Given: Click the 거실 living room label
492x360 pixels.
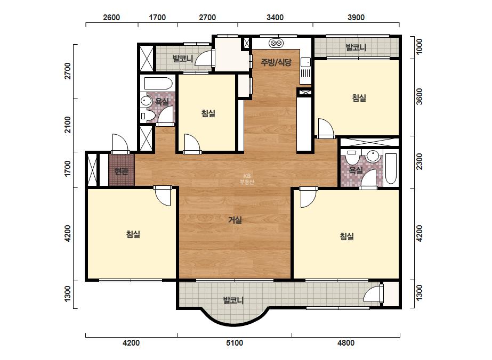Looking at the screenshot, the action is coord(235,220).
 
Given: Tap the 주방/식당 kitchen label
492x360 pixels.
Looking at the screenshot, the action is coord(276,62).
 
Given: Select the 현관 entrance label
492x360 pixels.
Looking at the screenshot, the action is coord(121,171).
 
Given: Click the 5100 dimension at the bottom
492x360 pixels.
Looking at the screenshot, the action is coord(235,343).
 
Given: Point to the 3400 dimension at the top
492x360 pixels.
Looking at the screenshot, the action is coord(275,17).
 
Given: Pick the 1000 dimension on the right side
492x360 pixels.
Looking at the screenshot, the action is coord(419,46).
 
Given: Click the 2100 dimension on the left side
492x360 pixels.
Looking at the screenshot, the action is coord(68,125).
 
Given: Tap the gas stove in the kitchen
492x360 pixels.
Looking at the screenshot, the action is coord(276,43).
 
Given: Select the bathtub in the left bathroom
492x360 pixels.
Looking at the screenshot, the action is coord(158,84).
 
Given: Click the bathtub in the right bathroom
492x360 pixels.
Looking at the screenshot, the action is coord(391,168).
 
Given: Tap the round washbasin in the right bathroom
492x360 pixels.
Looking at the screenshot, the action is coord(373,156).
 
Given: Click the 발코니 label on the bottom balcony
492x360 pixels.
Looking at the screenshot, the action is coord(233,300).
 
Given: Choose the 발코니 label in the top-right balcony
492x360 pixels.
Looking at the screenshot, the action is coord(356,48).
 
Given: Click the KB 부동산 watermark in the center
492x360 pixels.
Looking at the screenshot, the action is coord(247,179).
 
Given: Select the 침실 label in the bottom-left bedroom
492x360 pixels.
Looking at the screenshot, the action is coord(133,234).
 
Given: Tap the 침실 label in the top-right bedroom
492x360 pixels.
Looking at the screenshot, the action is coord(359,98).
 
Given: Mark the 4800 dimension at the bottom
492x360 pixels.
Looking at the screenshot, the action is coord(346,343).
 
